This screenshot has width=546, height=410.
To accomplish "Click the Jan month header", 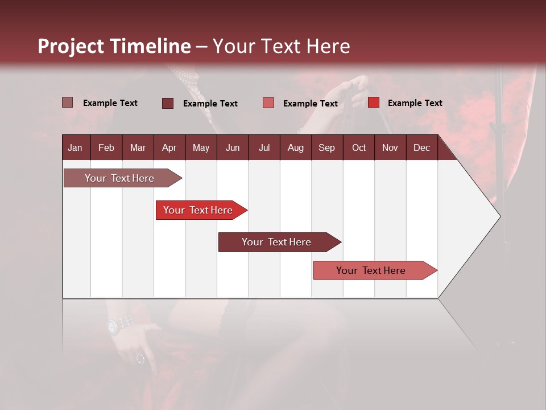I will point(75,147).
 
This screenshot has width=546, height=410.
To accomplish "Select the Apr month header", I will point(169,147).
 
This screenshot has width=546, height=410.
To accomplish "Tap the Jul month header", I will point(264,147).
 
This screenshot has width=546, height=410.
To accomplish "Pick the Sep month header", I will point(326,147).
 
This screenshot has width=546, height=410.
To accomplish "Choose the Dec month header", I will point(421,147).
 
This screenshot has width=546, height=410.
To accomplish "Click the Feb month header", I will point(106,147).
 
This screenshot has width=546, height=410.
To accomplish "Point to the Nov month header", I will point(390,147).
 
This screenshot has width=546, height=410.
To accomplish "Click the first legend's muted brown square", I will point(68,102).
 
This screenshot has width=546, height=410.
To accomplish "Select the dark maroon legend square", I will point(168,103).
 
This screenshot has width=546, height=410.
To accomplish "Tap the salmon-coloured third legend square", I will point(268,103).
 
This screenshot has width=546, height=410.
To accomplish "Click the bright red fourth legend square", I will point(374,102).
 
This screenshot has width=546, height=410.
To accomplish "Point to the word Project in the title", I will point(71,46).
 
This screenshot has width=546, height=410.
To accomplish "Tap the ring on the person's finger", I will point(140,359).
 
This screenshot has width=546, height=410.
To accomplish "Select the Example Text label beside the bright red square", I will point(415,102).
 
